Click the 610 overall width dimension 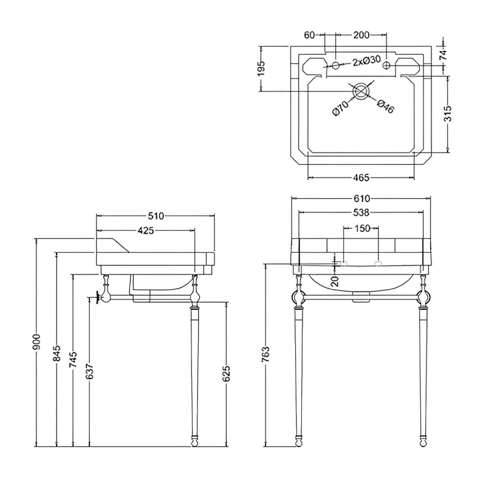(361, 199)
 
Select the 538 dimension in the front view (361, 213)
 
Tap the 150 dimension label (362, 228)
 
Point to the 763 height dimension (266, 354)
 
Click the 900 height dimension (37, 342)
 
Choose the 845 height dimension (56, 354)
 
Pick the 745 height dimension (73, 360)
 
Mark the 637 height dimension (89, 371)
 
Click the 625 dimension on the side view (227, 374)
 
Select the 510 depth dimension (156, 216)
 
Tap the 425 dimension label (146, 230)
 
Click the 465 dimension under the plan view (361, 177)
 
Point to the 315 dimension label (448, 114)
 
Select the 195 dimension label (261, 68)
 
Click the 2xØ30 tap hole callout (366, 60)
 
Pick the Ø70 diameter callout (340, 109)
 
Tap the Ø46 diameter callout (386, 106)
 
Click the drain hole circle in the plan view (360, 91)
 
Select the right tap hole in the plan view (386, 65)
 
